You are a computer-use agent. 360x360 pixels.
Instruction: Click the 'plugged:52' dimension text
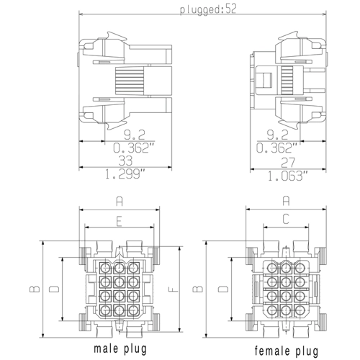(208, 9)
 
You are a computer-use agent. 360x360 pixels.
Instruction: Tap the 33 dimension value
(125, 161)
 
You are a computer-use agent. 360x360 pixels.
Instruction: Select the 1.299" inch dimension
(125, 174)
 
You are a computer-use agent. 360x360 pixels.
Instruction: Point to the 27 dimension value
(288, 163)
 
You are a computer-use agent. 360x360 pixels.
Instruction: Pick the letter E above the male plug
(120, 222)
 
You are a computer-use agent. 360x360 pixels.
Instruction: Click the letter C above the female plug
(286, 219)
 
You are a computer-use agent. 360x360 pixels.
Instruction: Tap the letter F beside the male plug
(174, 289)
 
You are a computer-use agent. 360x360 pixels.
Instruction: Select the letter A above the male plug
(120, 201)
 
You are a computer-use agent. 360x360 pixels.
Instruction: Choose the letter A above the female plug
(286, 201)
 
